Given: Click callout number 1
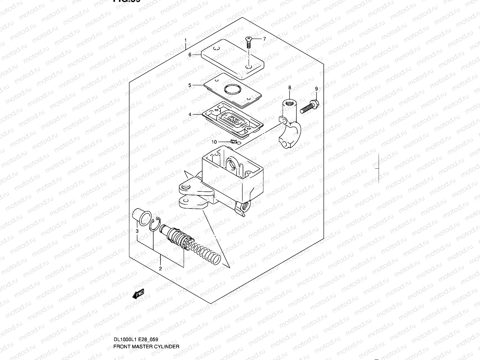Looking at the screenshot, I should coord(186,40).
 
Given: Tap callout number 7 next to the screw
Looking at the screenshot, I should coord(264,39).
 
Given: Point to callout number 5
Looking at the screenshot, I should coord(190,85).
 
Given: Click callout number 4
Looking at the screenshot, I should coord(190,114).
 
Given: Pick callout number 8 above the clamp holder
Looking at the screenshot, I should coord(289,88).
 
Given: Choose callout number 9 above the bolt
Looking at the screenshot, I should coord(316,89).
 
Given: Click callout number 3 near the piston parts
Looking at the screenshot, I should coord(137,231).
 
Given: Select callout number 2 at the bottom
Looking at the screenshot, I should coord(160,268).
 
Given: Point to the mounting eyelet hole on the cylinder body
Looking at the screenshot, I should coord(184,188).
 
